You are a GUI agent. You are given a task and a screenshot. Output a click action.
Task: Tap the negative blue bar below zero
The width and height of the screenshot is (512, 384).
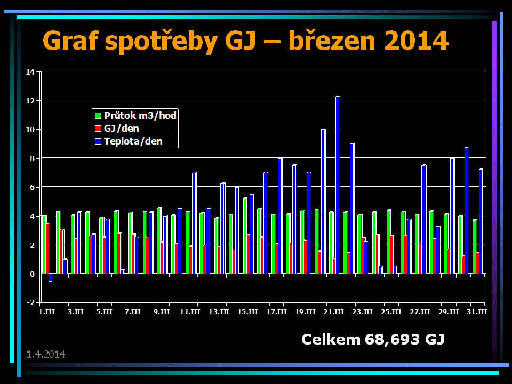[x=51, y=277]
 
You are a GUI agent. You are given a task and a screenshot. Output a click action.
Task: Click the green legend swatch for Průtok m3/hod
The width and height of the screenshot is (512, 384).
[x=98, y=115]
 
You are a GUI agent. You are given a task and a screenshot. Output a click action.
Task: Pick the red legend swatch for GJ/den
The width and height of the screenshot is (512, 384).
[x=98, y=129]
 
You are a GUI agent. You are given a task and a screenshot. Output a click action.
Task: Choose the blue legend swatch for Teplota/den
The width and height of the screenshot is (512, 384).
[x=98, y=142]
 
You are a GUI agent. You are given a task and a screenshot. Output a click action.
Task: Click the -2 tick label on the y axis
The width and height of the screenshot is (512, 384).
[x=30, y=302]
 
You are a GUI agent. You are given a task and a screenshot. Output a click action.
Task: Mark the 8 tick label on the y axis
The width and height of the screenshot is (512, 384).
[x=31, y=158]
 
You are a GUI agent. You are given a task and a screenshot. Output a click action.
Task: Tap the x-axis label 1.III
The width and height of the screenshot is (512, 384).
[x=46, y=311]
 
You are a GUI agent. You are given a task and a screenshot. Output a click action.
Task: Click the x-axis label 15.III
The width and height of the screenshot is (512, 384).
[x=248, y=311]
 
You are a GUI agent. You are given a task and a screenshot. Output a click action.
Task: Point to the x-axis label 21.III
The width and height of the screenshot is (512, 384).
[x=334, y=311]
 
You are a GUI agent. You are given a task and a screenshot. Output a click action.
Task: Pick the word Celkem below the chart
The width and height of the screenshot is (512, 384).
[x=331, y=339]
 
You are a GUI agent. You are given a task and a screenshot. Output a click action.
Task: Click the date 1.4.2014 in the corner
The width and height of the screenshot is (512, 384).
[x=46, y=354]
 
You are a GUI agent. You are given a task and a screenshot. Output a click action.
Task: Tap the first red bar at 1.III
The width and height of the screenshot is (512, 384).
[x=48, y=249]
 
